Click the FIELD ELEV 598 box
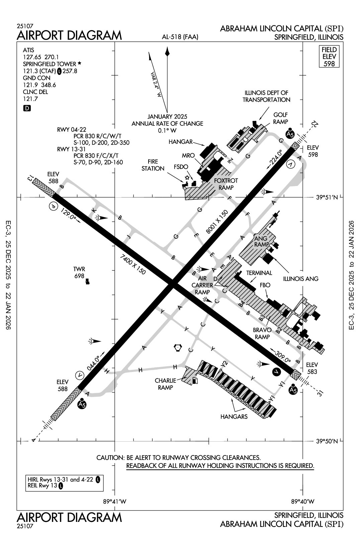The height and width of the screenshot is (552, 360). (x=329, y=57)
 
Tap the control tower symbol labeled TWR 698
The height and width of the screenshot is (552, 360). (x=88, y=282)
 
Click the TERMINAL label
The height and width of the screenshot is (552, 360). (x=259, y=273)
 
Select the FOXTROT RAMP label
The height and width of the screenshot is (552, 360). (x=226, y=184)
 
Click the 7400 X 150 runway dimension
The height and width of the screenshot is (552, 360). (x=133, y=264)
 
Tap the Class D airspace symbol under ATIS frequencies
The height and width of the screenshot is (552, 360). (x=27, y=108)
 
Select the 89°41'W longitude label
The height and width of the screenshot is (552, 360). (x=115, y=501)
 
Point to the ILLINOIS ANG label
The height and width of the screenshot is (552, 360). (x=300, y=278)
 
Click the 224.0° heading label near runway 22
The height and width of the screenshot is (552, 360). (x=276, y=159)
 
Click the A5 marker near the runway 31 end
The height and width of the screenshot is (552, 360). (x=293, y=390)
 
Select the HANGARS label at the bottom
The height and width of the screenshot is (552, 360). (x=234, y=417)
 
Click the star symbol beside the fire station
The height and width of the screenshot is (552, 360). (x=188, y=178)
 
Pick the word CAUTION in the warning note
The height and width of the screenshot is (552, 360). (x=110, y=457)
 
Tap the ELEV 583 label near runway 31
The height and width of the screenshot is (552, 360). (x=312, y=368)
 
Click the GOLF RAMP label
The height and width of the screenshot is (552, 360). (x=280, y=118)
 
